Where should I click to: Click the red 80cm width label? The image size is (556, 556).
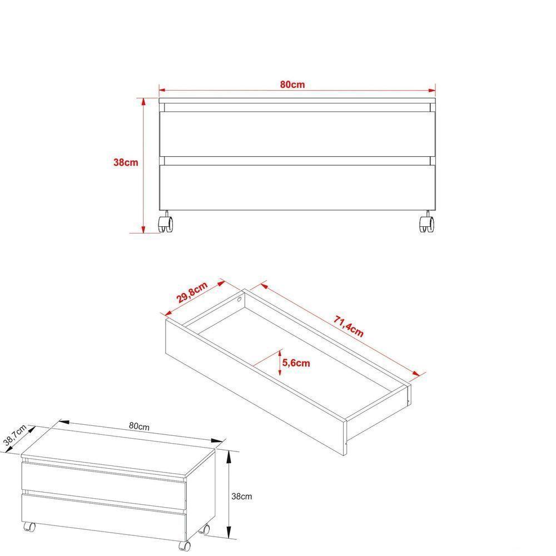click(292, 85)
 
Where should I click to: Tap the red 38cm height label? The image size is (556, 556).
click(126, 163)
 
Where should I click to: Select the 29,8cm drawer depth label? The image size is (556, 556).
click(192, 293)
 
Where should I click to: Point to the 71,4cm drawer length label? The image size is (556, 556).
click(349, 327)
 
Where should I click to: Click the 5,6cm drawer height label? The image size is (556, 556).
click(296, 363)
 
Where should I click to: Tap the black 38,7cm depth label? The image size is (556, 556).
click(15, 435)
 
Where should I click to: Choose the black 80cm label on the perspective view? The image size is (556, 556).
click(138, 426)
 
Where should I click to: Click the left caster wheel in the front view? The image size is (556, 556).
click(166, 224)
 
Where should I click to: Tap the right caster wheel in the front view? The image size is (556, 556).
click(426, 224)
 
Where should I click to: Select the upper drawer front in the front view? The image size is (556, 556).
click(296, 134)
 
